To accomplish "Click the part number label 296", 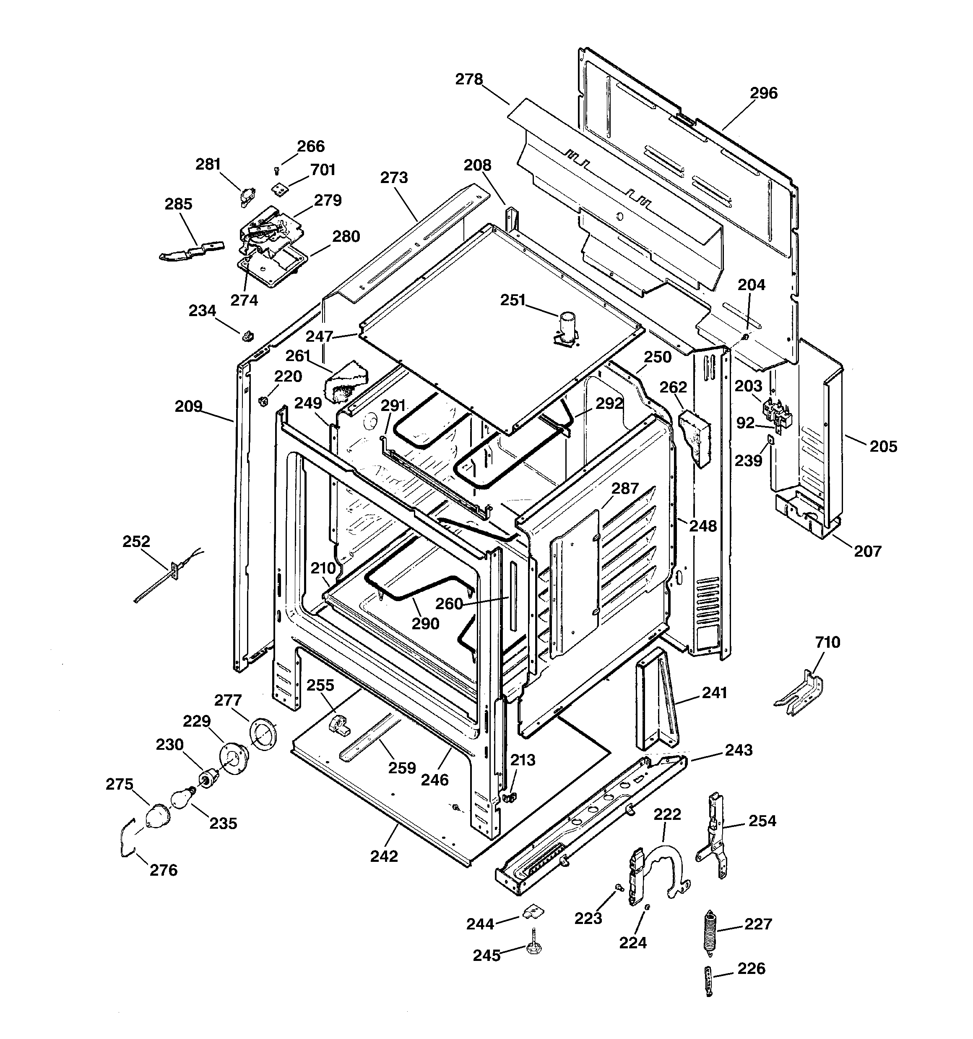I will (x=764, y=94).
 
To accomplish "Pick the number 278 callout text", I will (x=469, y=79).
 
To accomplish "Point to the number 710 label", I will (x=827, y=642).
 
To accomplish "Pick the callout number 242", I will (x=384, y=856).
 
